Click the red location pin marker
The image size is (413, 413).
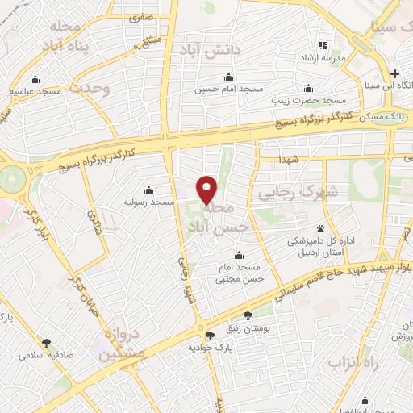pyautogui.click(x=207, y=190)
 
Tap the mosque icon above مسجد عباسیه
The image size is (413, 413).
pyautogui.click(x=35, y=80)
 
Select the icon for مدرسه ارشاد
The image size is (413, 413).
pyautogui.click(x=323, y=45)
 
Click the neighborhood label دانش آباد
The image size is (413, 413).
pyautogui.click(x=215, y=51)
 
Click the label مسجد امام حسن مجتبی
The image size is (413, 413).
pyautogui.click(x=238, y=272)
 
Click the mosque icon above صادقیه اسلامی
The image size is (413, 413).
pyautogui.click(x=46, y=343)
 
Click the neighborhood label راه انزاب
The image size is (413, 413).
pyautogui.click(x=348, y=363)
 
